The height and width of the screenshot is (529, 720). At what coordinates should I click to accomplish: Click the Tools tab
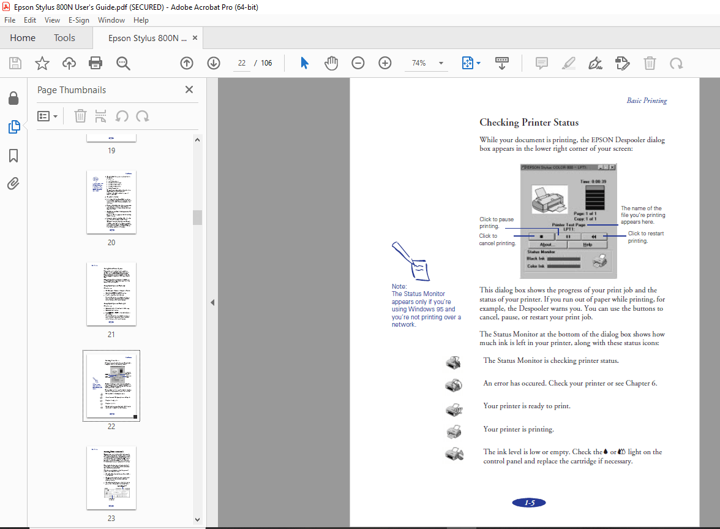click(64, 38)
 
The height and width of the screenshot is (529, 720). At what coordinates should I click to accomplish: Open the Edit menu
click(30, 20)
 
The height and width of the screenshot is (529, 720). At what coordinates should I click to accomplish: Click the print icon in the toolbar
click(96, 63)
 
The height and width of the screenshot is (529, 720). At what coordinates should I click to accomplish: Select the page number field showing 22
click(242, 63)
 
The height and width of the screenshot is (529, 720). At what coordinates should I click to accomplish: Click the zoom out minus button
click(358, 63)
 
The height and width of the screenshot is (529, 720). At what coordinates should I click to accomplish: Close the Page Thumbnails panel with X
click(189, 89)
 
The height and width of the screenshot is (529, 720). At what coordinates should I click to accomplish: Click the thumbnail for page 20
click(111, 202)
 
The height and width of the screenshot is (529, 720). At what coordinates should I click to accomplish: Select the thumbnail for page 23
click(111, 478)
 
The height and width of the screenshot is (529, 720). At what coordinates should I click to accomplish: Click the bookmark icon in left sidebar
click(13, 156)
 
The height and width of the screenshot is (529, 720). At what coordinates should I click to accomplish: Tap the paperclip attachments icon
click(13, 183)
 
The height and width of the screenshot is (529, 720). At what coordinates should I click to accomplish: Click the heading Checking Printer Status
click(529, 123)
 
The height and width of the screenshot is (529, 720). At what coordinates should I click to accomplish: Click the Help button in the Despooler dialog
click(587, 245)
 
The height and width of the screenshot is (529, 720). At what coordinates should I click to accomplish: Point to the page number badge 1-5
click(529, 503)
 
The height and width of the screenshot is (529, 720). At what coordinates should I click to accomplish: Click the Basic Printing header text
click(647, 101)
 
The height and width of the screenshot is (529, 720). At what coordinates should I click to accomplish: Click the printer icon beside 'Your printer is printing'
click(454, 431)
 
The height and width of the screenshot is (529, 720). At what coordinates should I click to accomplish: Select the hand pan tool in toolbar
click(331, 63)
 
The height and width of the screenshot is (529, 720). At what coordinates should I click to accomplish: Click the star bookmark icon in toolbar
click(42, 63)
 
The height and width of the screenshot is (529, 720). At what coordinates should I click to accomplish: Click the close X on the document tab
click(195, 38)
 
